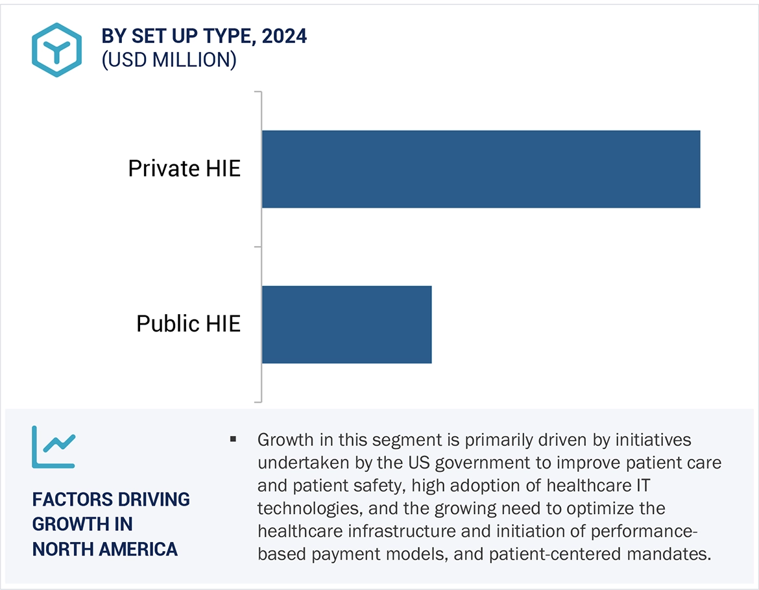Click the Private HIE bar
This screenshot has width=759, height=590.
[481, 169]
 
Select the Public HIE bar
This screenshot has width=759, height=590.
[346, 324]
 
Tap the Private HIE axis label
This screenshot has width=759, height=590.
[184, 169]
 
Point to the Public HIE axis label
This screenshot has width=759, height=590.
[188, 323]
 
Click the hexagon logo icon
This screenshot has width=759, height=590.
[56, 49]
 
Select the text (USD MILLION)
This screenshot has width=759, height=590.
[169, 60]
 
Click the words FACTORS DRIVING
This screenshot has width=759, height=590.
[111, 500]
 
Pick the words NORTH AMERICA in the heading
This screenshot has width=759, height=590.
[105, 549]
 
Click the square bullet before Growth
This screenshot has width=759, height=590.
[233, 440]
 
